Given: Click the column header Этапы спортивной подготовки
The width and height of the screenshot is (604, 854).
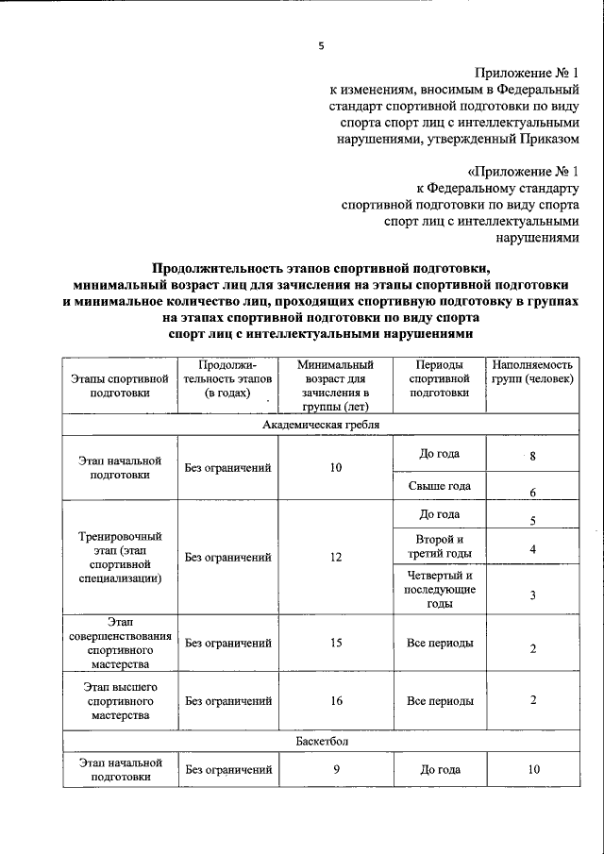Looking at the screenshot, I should (120, 387).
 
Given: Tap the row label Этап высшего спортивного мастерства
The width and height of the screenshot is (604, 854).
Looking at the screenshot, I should (120, 700).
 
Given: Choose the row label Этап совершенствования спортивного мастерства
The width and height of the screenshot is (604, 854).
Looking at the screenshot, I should (120, 644).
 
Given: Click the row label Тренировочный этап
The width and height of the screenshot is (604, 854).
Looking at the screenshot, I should (120, 557).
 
